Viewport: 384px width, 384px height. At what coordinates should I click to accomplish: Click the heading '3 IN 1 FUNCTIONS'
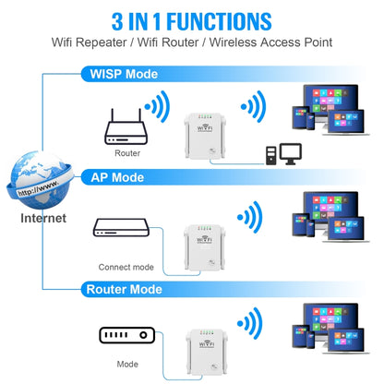point(192,19)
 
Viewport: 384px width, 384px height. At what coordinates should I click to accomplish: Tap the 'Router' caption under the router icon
point(128,152)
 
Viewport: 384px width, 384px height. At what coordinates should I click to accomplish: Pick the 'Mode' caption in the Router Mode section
point(127,364)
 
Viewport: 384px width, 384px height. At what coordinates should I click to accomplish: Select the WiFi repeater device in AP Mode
point(204,245)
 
